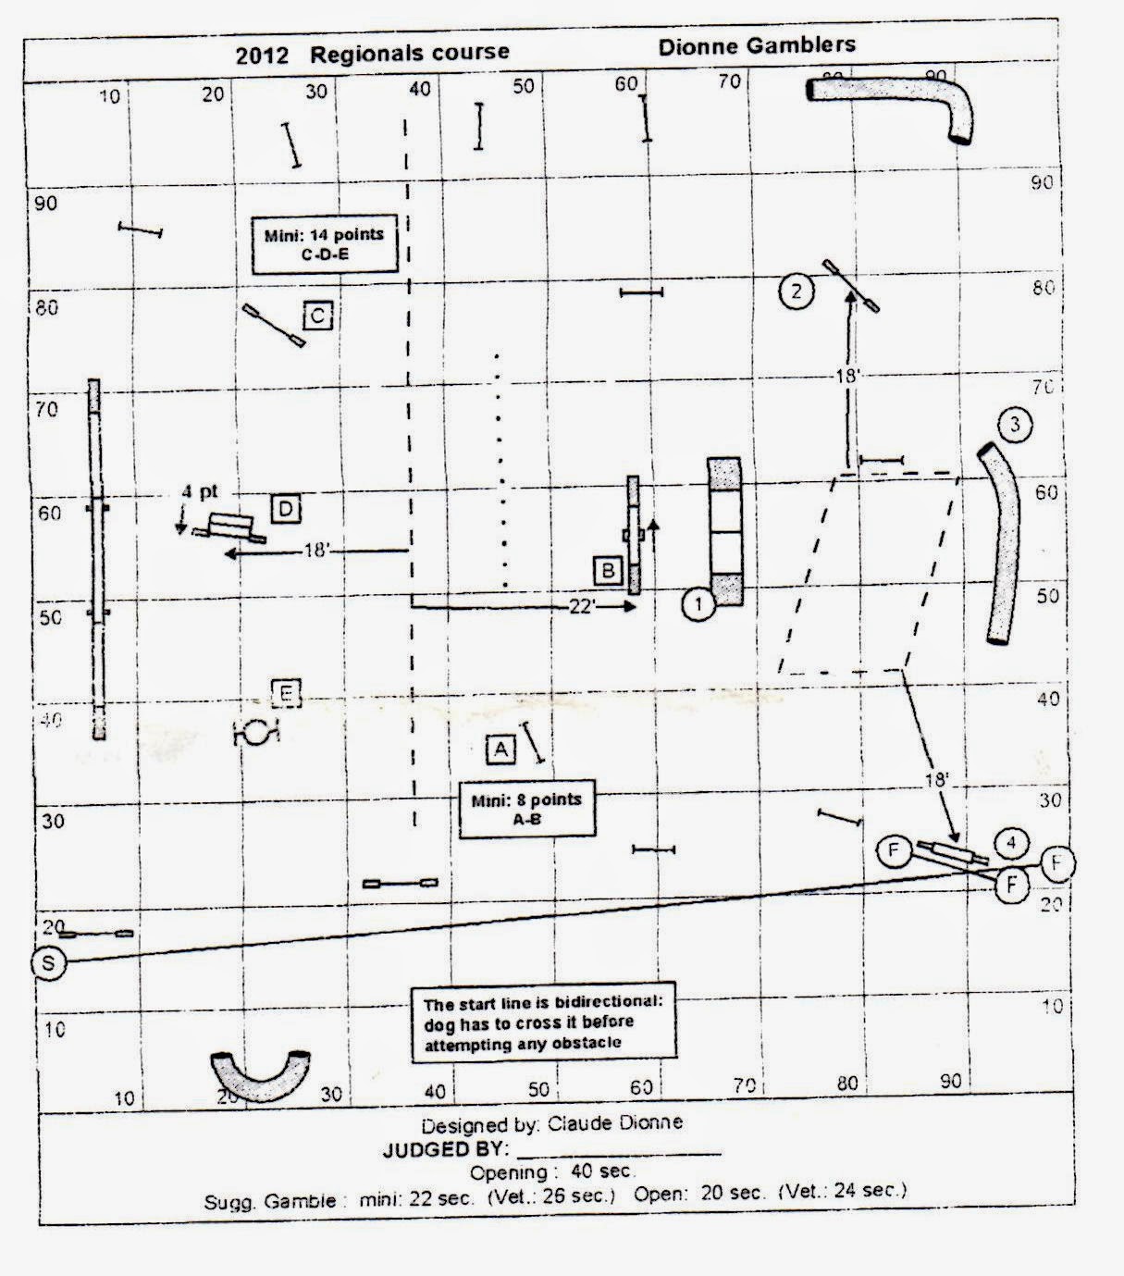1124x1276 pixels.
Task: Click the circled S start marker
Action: (x=48, y=962)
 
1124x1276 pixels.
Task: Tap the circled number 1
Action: (x=699, y=605)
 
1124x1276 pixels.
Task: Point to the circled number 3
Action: (x=1016, y=425)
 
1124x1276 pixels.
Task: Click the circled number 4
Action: (x=1011, y=842)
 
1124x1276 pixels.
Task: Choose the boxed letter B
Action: (x=608, y=570)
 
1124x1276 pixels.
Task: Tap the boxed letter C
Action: (x=317, y=316)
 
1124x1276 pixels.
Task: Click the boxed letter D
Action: (x=286, y=508)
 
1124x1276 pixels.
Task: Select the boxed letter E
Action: (x=287, y=692)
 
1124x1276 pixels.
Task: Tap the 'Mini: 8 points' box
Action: (x=526, y=810)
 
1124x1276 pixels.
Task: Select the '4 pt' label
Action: (x=200, y=492)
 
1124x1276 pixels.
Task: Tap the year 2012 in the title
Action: (x=262, y=55)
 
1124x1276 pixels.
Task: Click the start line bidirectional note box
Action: (x=543, y=1022)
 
